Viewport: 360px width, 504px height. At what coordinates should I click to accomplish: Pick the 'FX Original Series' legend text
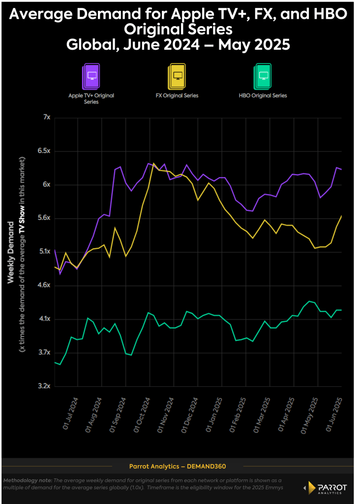(178, 95)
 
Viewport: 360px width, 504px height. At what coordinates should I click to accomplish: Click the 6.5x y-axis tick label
(44, 151)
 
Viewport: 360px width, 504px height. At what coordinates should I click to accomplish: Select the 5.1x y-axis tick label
(44, 252)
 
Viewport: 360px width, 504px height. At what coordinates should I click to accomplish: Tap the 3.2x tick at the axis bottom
(44, 386)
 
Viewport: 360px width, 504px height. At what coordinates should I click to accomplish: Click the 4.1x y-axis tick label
(44, 319)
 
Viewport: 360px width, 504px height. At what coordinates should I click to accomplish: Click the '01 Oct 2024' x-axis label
(143, 414)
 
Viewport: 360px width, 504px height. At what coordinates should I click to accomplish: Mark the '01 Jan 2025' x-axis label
(214, 414)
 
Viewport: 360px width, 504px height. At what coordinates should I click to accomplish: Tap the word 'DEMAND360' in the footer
(206, 466)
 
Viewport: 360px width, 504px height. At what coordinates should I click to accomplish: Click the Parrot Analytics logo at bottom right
(326, 488)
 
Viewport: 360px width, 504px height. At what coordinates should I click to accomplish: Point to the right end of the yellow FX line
(342, 216)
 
